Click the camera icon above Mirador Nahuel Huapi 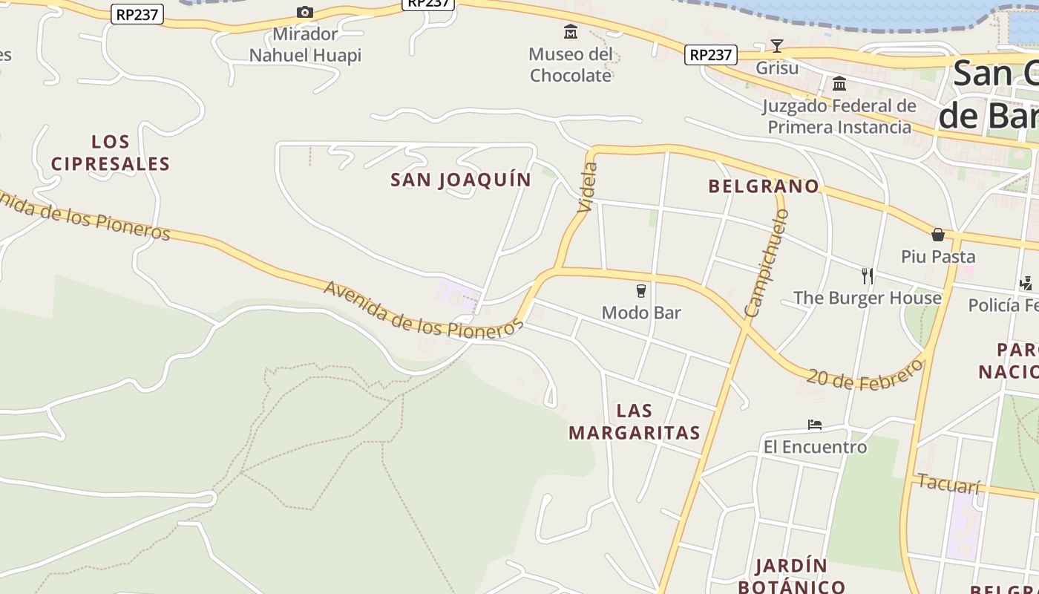(304, 12)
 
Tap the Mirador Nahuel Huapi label (305, 45)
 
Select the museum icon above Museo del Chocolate (570, 32)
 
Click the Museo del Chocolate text (571, 65)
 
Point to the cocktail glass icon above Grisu (776, 46)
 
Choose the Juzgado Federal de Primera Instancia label (839, 116)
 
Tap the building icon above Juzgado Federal (839, 83)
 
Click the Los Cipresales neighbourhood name (111, 152)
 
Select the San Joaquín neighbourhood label (461, 180)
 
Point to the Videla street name (586, 188)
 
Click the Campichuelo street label (767, 263)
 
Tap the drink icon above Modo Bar (641, 290)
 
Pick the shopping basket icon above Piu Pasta (938, 235)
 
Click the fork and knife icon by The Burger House (867, 276)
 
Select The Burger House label (867, 298)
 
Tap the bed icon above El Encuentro (815, 425)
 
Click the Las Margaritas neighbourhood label (635, 421)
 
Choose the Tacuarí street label (948, 483)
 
